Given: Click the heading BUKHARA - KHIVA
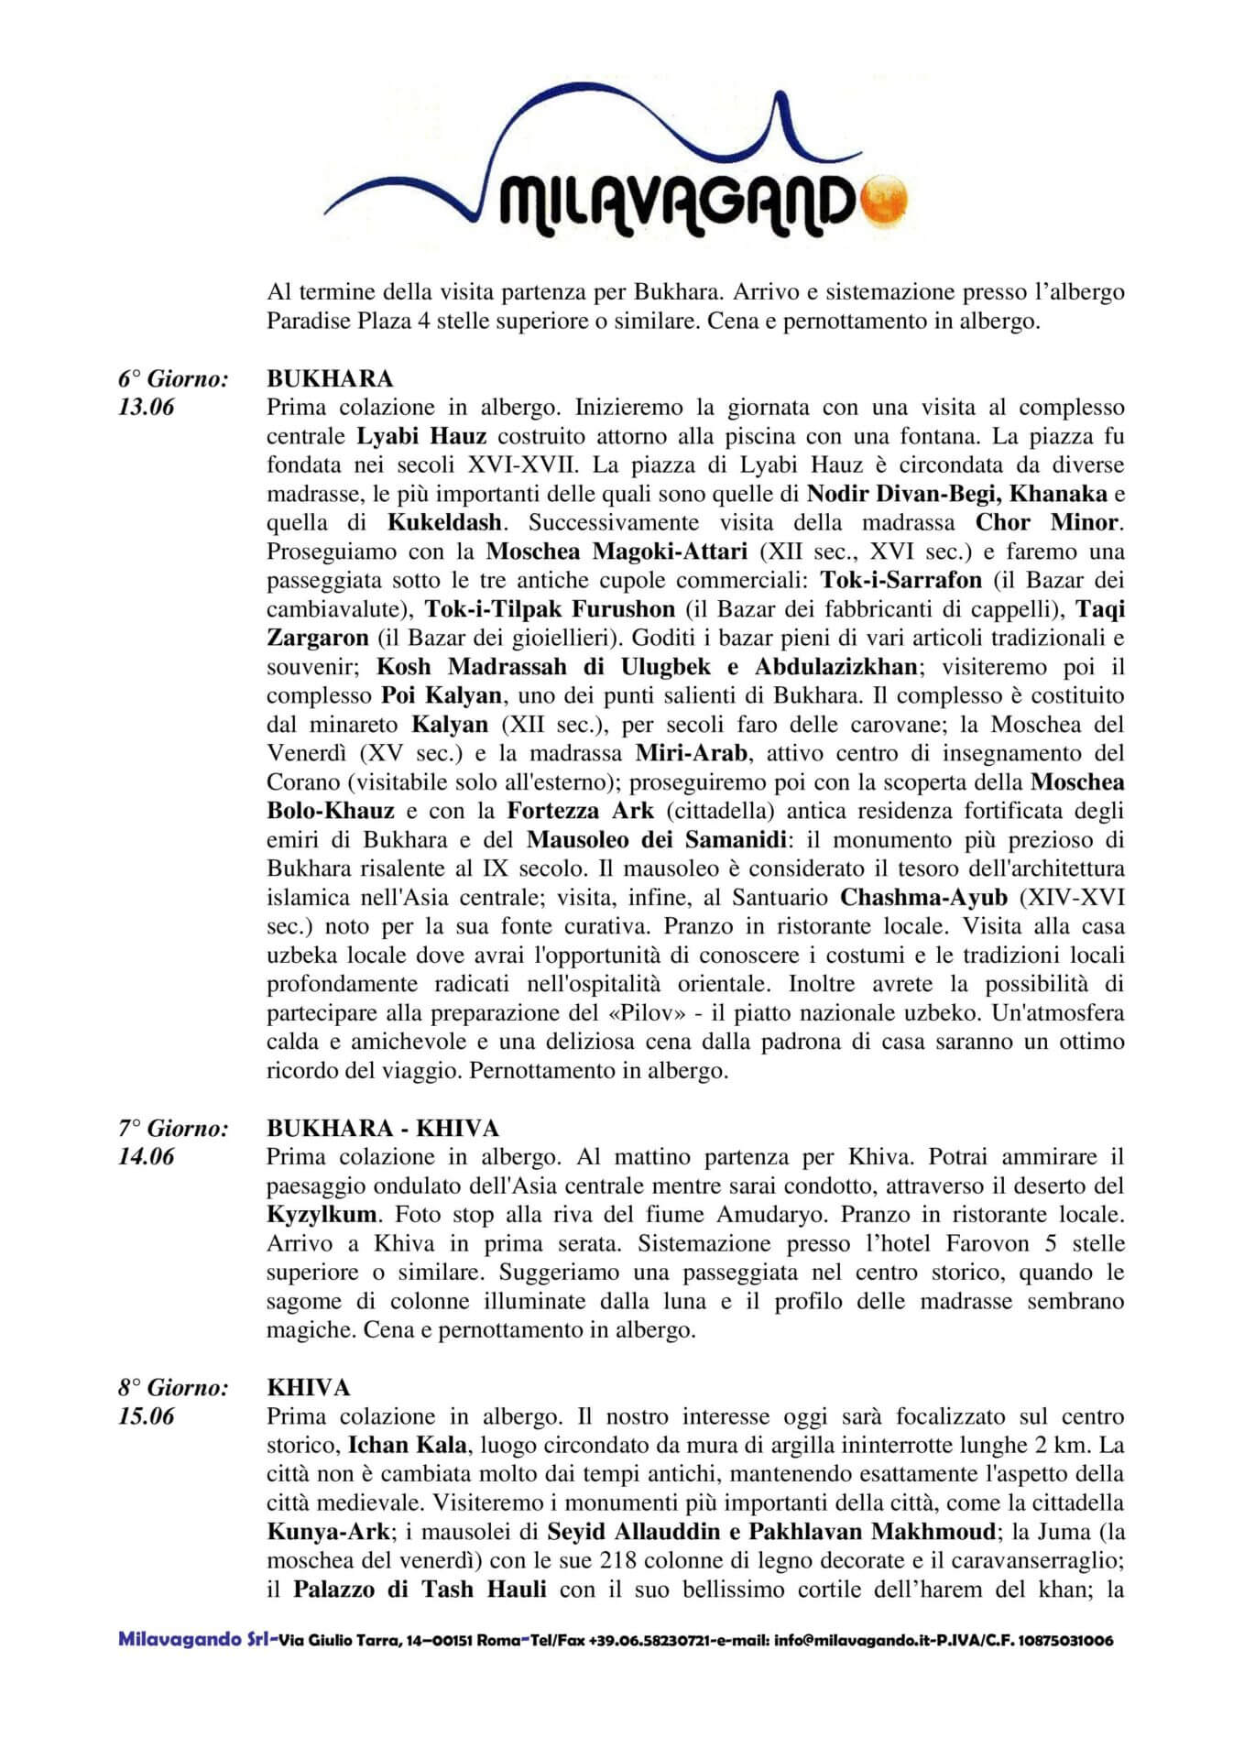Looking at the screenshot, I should coord(382,1128).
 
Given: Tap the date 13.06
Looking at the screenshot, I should coord(146,408).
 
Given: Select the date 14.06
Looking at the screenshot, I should coord(146,1156).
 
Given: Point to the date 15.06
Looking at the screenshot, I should coord(146,1416).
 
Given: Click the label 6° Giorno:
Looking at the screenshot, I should coord(172,378).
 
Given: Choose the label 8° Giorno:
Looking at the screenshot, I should coord(172,1388).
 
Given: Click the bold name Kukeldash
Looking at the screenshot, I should coord(444,523).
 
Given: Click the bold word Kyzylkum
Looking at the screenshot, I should coord(322,1215).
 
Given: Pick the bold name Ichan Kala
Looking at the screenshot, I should coord(407,1446).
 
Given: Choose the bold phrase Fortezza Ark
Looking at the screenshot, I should coord(581,811).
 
